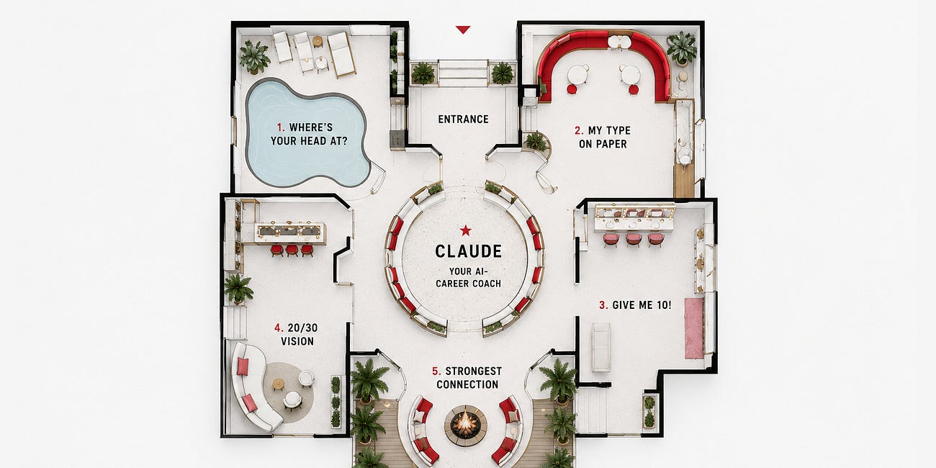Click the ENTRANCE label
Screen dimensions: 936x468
point(463,119)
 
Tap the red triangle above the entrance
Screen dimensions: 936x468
point(463,30)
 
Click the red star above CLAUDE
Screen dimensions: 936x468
point(466,230)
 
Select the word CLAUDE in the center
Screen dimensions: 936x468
point(469,251)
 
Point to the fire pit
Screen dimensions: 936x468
point(466,425)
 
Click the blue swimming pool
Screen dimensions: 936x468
point(307,132)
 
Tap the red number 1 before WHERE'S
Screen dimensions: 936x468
point(280,127)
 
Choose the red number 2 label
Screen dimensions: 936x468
point(579,131)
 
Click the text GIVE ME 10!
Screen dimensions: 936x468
point(642,305)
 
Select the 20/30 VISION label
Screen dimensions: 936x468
point(297,334)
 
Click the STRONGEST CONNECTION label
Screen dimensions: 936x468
point(468,378)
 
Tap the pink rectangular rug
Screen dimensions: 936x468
point(694,328)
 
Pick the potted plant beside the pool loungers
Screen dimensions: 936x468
point(254,57)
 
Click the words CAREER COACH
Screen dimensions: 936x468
point(469,284)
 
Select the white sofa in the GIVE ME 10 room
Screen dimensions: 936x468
point(601,347)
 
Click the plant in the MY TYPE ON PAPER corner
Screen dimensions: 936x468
point(682,49)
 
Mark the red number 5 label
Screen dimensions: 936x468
point(436,371)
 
